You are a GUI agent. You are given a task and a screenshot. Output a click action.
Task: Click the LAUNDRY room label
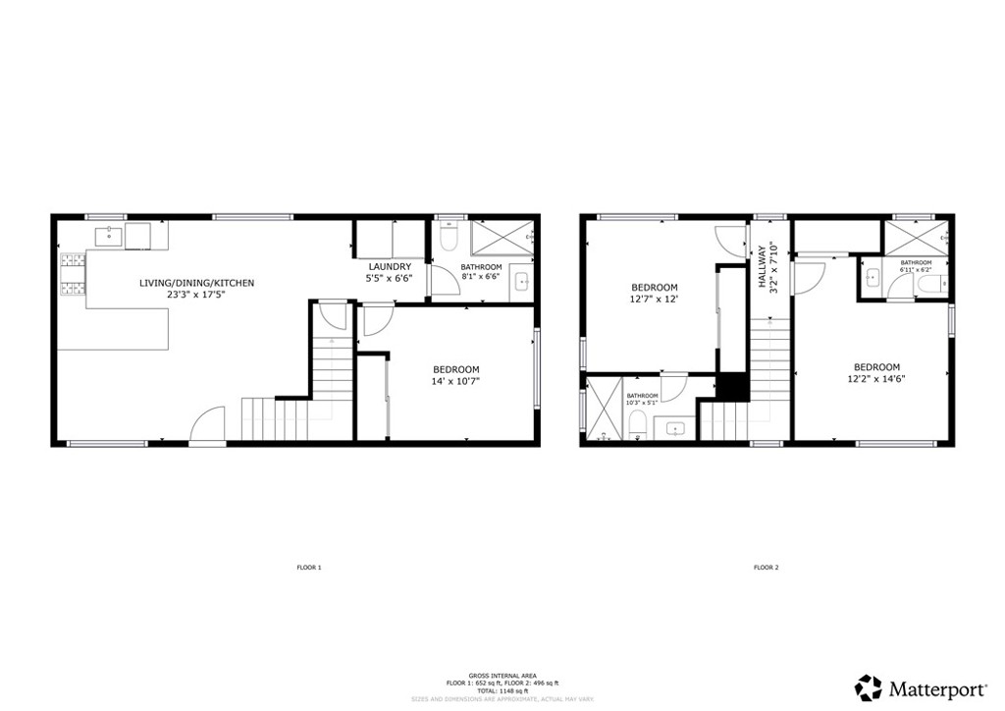click(x=390, y=266)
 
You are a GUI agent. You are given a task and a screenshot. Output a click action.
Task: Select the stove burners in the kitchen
click(x=74, y=276)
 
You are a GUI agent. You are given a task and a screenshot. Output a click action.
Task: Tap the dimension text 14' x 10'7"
click(x=455, y=381)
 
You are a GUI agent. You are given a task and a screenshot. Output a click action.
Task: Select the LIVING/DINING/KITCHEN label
click(x=196, y=283)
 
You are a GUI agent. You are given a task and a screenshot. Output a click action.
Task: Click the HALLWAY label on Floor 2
click(x=762, y=266)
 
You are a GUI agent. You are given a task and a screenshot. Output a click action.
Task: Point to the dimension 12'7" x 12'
click(x=655, y=300)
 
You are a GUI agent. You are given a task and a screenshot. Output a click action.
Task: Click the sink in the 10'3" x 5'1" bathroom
click(x=675, y=428)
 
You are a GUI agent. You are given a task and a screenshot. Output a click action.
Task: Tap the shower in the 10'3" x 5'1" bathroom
click(x=600, y=410)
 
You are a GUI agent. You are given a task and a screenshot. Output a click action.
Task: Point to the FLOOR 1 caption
click(x=309, y=568)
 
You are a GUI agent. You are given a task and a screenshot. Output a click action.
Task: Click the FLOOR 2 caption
click(x=766, y=568)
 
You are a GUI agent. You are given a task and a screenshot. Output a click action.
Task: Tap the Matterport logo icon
click(x=868, y=686)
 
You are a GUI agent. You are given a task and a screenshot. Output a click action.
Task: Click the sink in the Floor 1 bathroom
click(x=521, y=283)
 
